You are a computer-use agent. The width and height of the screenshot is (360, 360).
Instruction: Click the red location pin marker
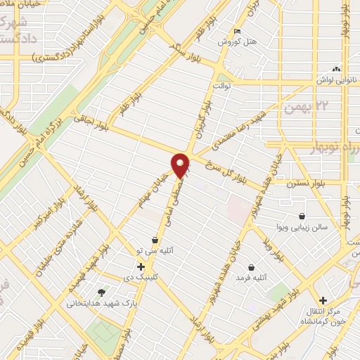point(181,165)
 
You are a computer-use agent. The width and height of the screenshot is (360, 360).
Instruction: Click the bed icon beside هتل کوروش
point(238,31)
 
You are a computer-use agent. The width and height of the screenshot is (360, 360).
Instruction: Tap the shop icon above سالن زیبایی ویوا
point(302,216)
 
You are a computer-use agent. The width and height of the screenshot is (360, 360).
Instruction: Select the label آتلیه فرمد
point(252,278)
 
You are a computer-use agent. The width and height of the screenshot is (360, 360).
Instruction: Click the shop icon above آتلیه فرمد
point(252,266)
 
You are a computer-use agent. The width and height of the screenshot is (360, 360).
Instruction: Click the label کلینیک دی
point(141,278)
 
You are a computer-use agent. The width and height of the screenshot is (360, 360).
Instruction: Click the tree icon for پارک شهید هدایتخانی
point(103,292)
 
